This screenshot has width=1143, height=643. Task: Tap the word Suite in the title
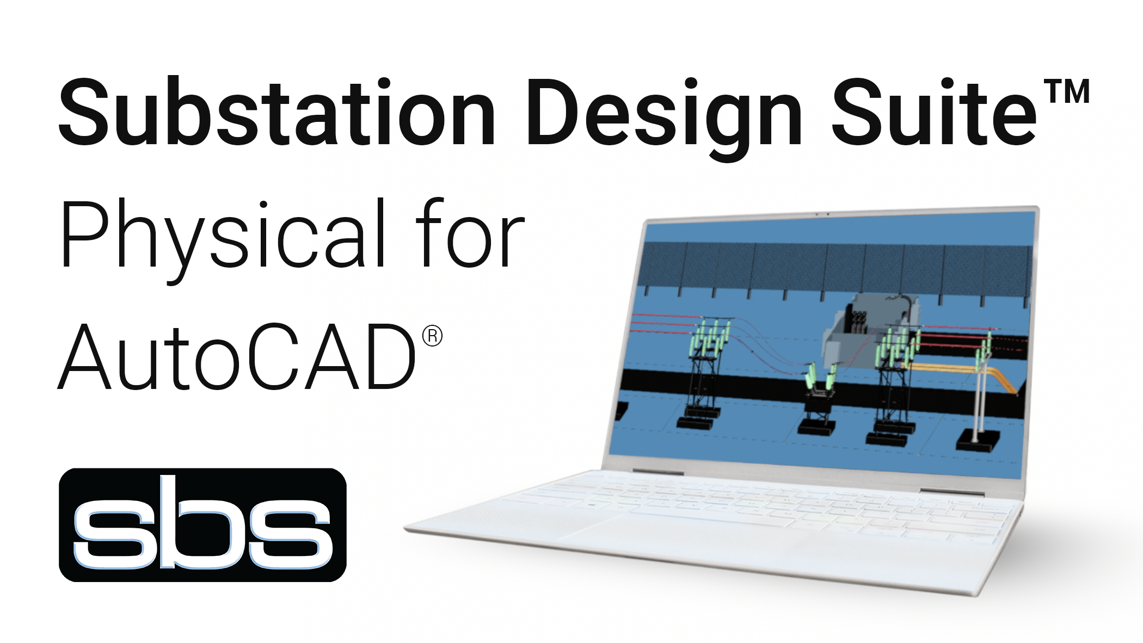click(933, 113)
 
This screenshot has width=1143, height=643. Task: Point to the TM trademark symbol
click(1069, 91)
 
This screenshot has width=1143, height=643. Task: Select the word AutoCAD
click(237, 357)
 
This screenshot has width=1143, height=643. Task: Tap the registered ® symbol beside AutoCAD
click(432, 336)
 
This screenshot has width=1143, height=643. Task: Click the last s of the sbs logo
click(291, 536)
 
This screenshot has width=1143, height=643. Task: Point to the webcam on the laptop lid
click(822, 214)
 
